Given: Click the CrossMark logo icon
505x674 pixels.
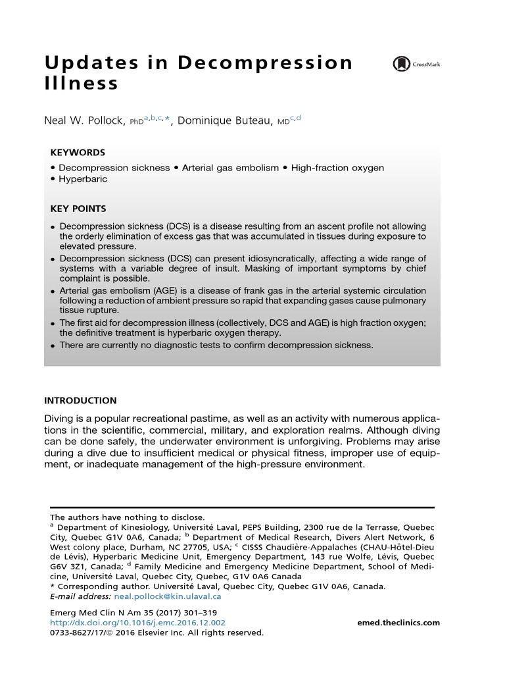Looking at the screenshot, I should pyautogui.click(x=401, y=64).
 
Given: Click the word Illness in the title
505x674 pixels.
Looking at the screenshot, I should pyautogui.click(x=82, y=84).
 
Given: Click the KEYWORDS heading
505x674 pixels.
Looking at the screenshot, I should pyautogui.click(x=78, y=152).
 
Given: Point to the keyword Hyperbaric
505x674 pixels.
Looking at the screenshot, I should pyautogui.click(x=83, y=179).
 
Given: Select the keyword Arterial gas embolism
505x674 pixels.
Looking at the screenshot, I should pyautogui.click(x=230, y=168).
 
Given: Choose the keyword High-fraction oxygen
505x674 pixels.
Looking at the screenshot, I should pyautogui.click(x=337, y=168).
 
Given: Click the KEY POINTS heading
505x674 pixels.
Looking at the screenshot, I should pyautogui.click(x=78, y=209).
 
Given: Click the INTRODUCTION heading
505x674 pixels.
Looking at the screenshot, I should pyautogui.click(x=80, y=400).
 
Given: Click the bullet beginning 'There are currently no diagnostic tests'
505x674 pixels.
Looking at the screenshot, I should pyautogui.click(x=216, y=345).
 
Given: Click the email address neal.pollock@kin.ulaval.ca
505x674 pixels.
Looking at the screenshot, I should pyautogui.click(x=167, y=596).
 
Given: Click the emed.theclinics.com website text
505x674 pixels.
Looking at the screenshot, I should pyautogui.click(x=398, y=623).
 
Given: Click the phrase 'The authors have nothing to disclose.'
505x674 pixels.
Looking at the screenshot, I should pyautogui.click(x=127, y=517).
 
